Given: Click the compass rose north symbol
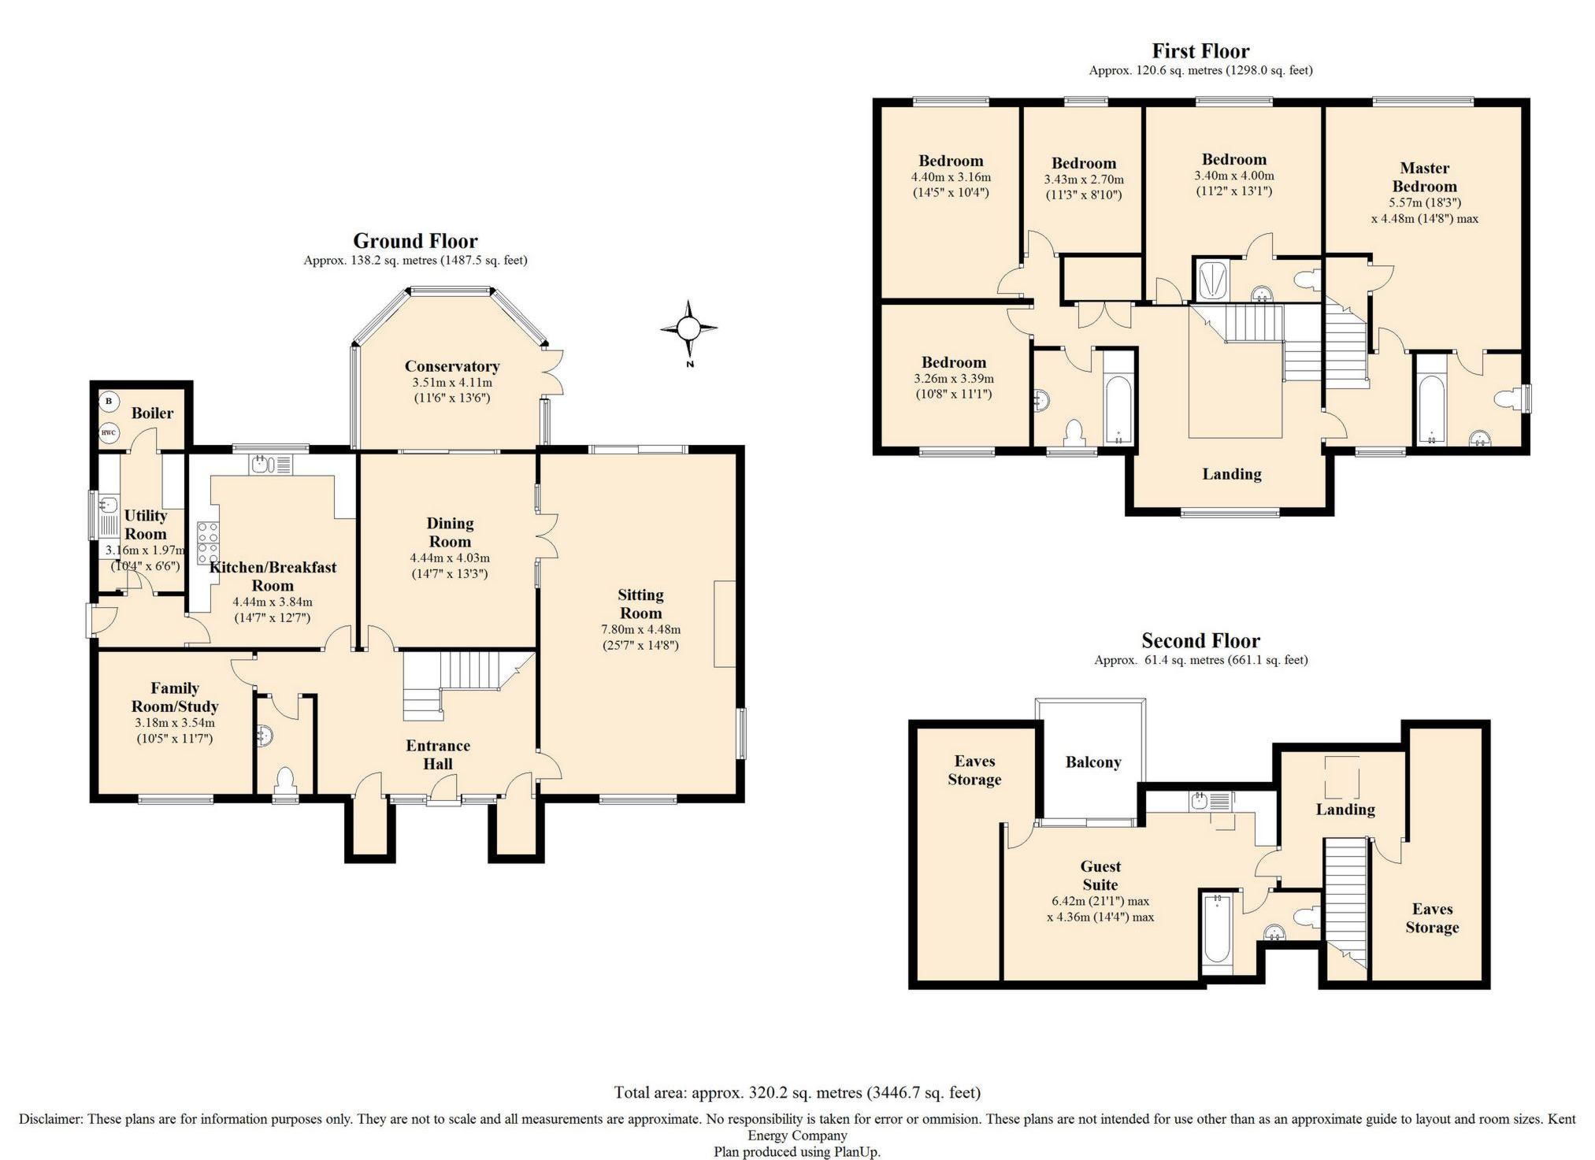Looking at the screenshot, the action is (x=689, y=328).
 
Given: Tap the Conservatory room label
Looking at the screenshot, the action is (x=452, y=366).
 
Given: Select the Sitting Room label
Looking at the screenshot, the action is (x=640, y=604).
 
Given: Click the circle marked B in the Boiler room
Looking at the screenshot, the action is (x=109, y=402).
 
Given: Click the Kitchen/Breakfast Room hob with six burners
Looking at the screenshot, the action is (x=208, y=541).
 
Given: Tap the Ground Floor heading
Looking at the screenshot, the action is (x=415, y=240).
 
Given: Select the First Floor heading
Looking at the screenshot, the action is (x=1200, y=51).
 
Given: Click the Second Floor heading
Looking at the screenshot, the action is (x=1200, y=640).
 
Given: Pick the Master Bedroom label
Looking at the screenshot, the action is (x=1424, y=177).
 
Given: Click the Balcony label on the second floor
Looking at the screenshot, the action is (x=1092, y=762).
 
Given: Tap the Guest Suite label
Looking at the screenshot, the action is (x=1100, y=876).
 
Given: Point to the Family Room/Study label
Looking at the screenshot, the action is (x=175, y=697).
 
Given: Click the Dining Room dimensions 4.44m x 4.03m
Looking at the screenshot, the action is (x=450, y=558).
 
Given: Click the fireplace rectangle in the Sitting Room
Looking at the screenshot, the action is (x=725, y=624).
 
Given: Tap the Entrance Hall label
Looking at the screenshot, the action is (x=438, y=754).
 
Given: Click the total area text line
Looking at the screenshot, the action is (x=797, y=1092).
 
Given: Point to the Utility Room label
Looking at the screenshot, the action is (x=146, y=524).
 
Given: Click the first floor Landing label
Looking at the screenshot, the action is (x=1231, y=473).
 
